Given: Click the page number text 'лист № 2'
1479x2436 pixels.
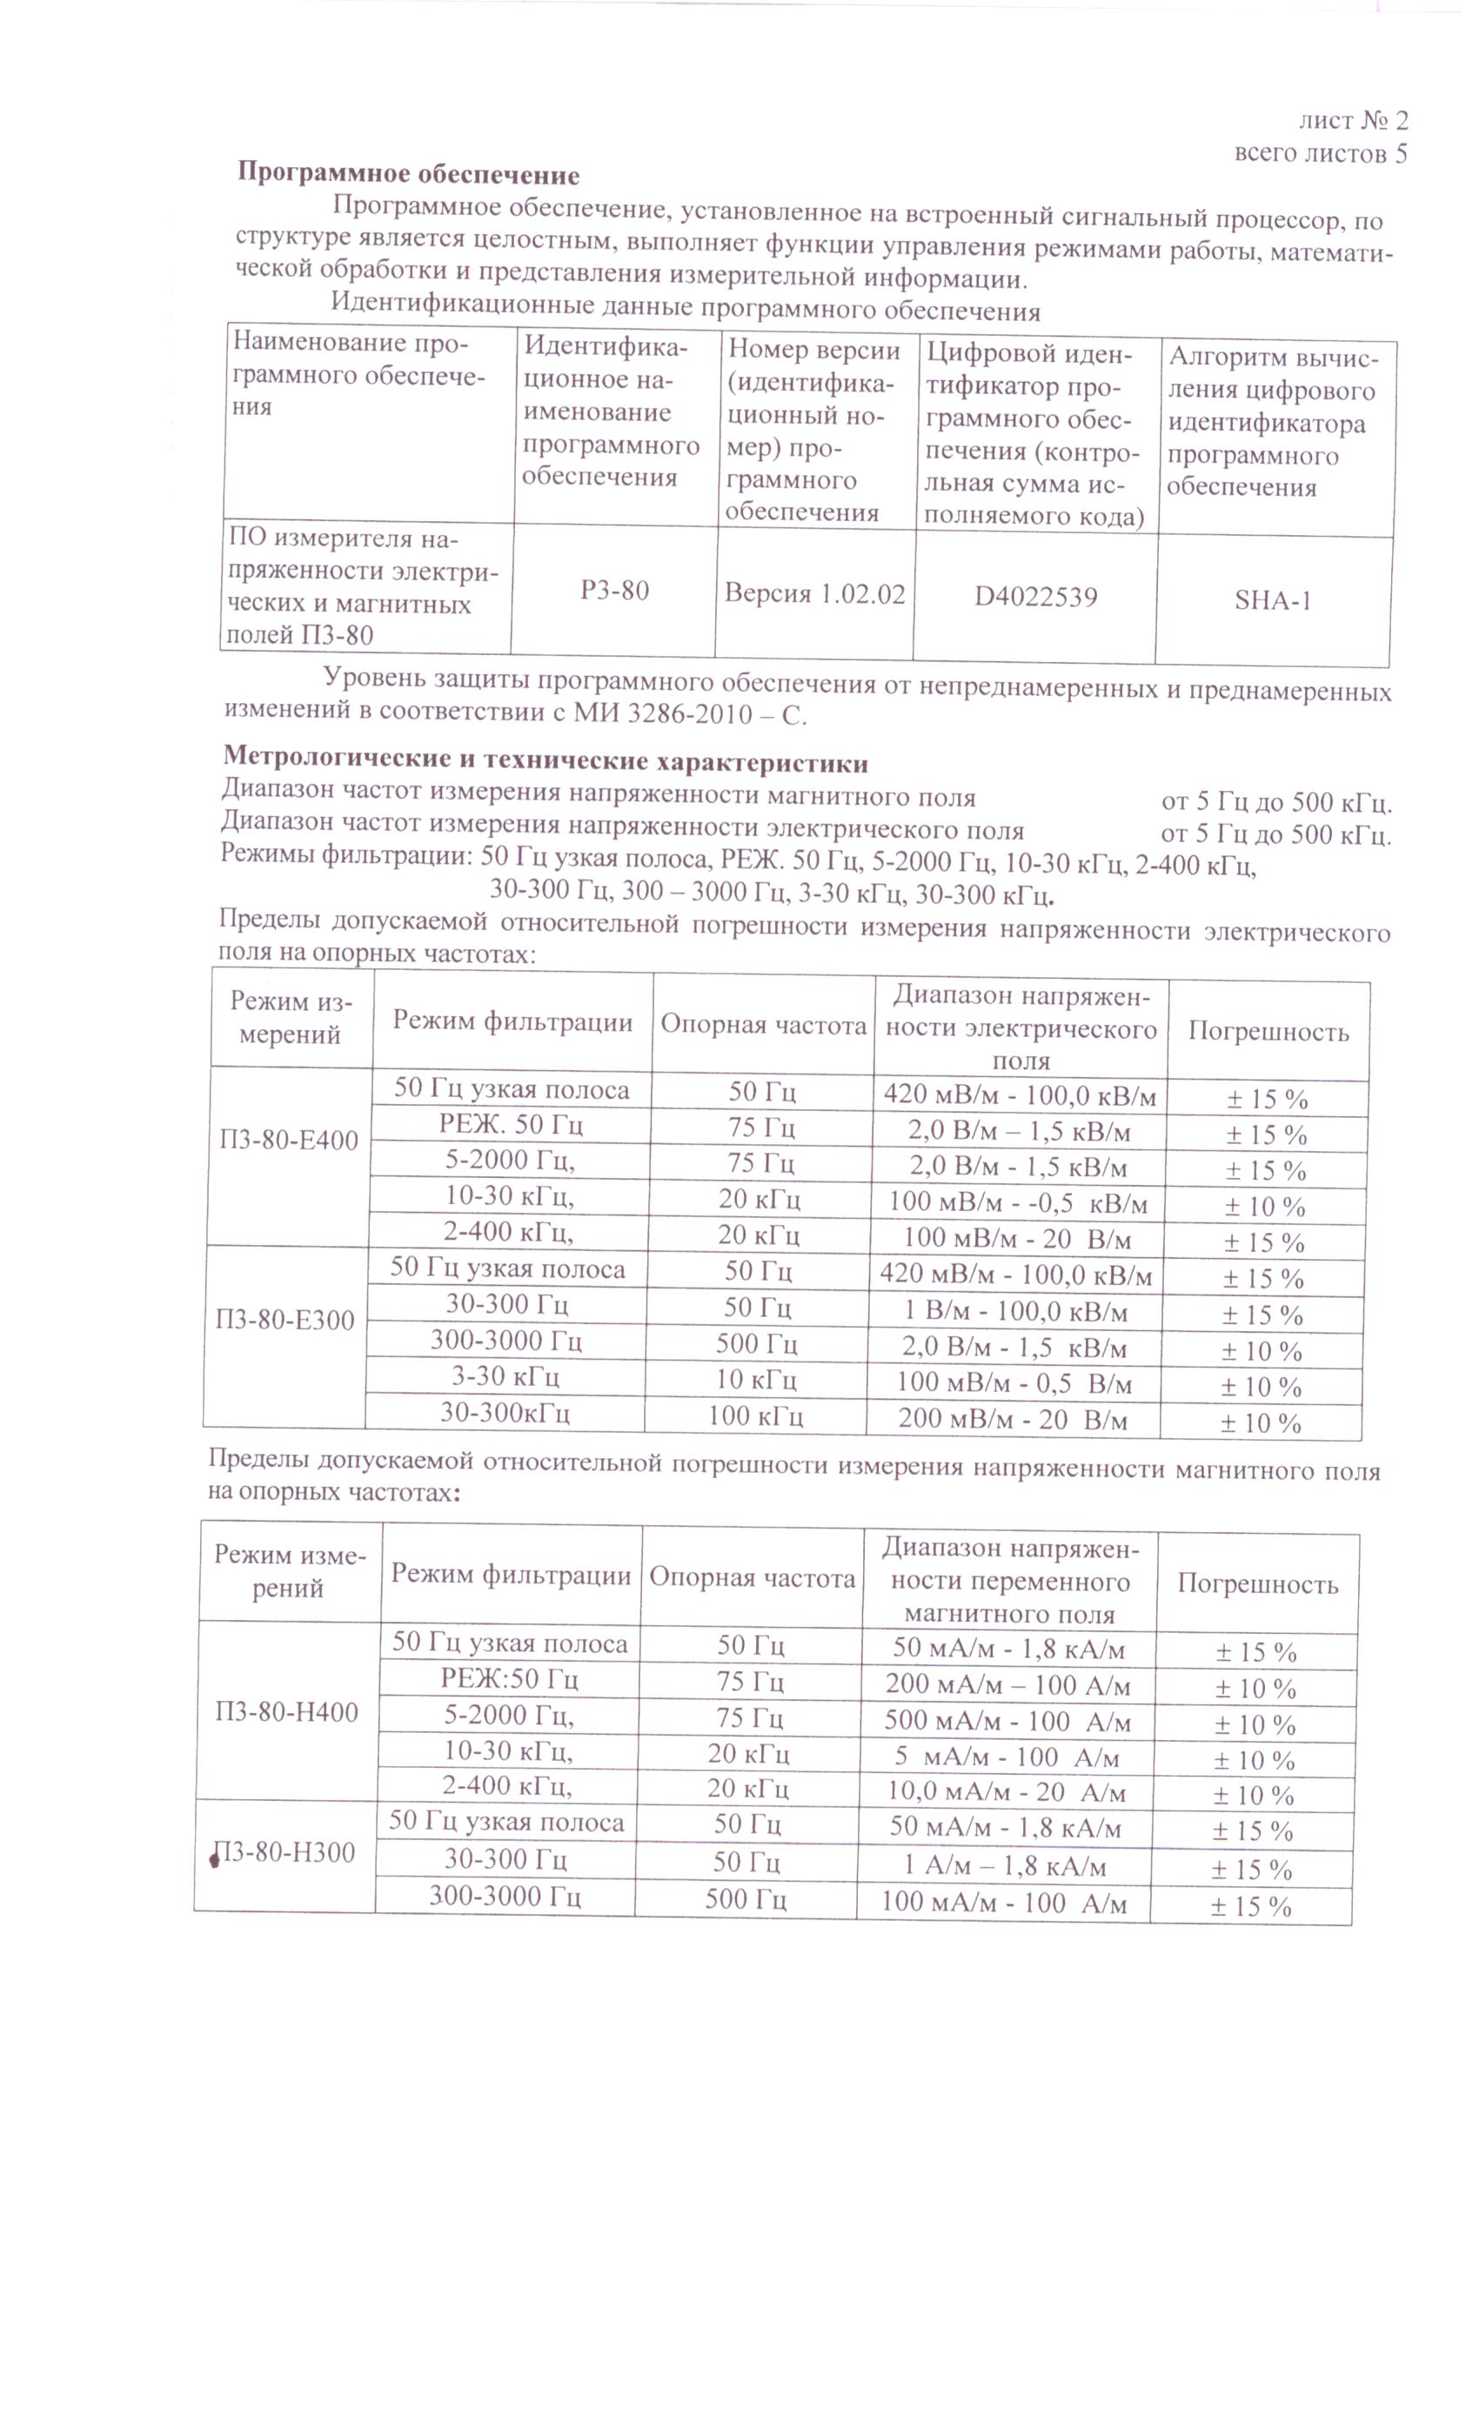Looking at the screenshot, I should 1353,121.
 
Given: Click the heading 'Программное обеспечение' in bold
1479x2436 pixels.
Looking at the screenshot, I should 408,175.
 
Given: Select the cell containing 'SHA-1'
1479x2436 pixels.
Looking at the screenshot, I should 1272,600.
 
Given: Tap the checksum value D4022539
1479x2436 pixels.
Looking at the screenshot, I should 1035,596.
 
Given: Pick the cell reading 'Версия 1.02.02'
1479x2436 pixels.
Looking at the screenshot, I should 814,593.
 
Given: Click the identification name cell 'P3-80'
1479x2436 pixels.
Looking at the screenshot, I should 614,590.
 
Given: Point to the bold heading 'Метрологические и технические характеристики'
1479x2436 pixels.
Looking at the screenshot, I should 545,762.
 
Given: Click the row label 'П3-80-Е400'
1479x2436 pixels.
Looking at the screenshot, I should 289,1140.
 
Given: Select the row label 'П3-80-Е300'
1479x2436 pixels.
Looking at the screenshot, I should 284,1320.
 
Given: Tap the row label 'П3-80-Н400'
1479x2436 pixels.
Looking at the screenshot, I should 287,1712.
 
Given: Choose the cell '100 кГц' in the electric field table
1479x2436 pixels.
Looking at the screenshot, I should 755,1415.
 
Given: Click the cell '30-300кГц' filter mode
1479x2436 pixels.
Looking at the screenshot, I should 505,1413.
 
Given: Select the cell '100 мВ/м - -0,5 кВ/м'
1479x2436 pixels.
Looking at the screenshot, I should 1018,1203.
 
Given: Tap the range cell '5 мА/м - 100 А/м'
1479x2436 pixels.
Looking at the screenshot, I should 1007,1757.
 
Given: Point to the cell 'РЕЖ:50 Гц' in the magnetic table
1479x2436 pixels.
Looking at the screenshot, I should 509,1680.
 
